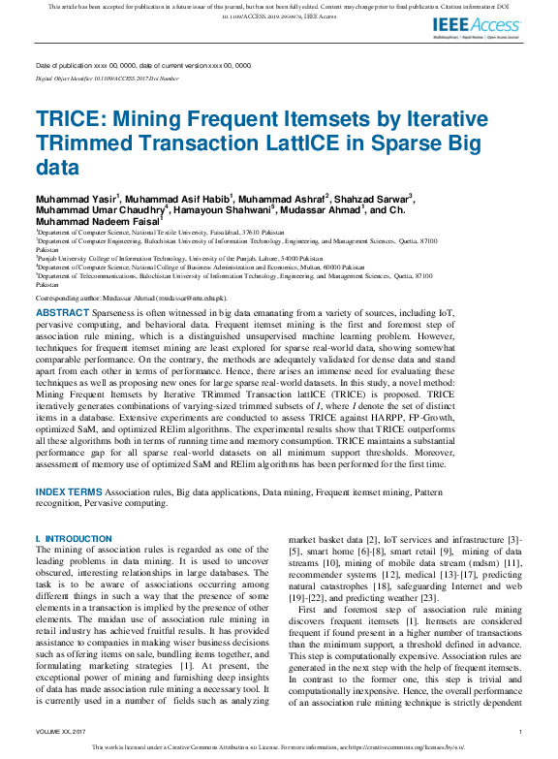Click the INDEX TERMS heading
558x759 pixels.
click(69, 493)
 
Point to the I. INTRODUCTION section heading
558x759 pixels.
click(74, 538)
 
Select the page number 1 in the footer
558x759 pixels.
click(521, 732)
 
